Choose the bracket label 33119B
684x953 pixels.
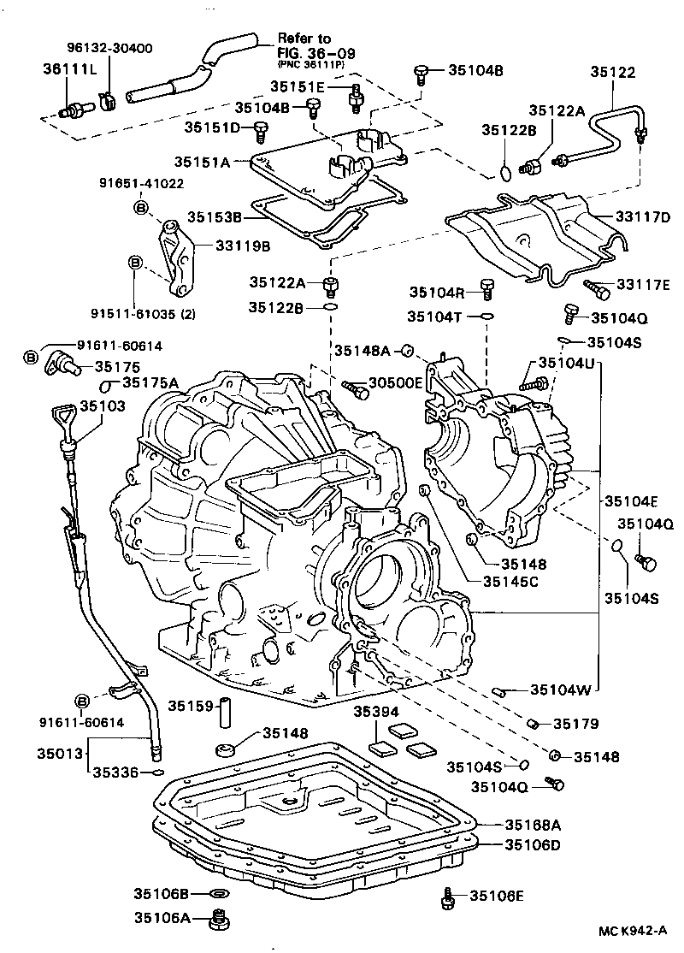(x=243, y=246)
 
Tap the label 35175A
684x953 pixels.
(x=150, y=383)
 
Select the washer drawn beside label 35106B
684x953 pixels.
(x=220, y=895)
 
